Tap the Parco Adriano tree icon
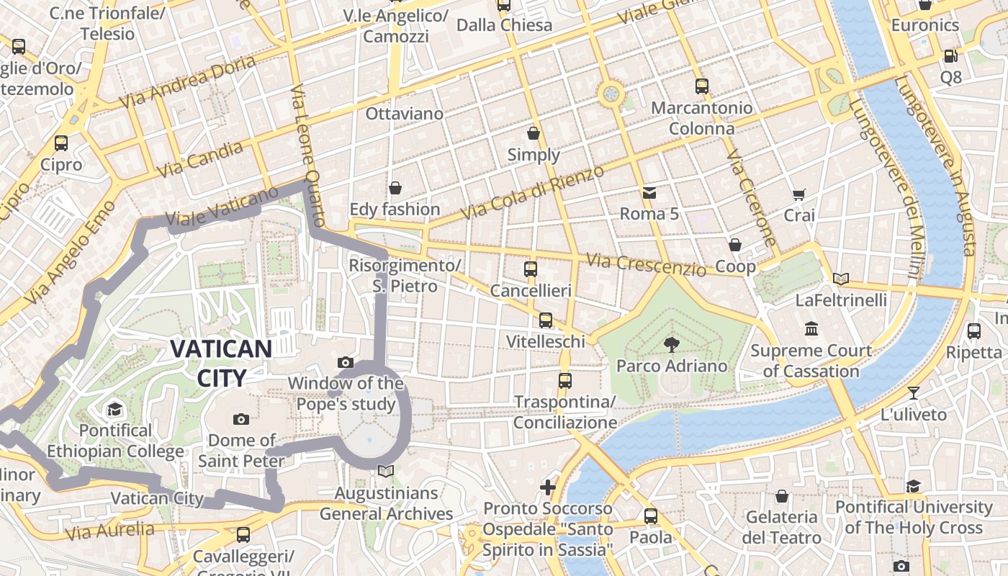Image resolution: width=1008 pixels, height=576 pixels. pos(672,344)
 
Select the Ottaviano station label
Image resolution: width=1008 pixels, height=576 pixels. pos(404,114)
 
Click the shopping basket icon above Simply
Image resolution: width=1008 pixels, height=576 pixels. pos(534,133)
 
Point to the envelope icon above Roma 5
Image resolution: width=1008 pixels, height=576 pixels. pos(649,193)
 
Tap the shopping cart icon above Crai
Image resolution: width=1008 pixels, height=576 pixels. pos(798,194)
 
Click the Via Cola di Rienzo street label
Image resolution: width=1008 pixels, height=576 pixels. pos(532,193)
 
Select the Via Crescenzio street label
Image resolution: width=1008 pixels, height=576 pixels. pos(646,264)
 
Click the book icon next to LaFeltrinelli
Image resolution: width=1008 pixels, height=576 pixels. pos(840,279)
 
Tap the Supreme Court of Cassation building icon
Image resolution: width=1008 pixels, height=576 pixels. pos(811,329)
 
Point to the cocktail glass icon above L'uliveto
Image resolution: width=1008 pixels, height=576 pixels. pos(914,393)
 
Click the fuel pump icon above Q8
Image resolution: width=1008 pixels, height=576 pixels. pos(950,56)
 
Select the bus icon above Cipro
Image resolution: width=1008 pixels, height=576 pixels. pos(61,143)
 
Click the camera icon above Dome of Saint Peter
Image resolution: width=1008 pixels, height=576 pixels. pos(241,419)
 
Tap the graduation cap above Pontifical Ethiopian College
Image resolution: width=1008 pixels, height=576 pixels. pos(115,410)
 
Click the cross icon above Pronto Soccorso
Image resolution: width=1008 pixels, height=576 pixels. pos(548,487)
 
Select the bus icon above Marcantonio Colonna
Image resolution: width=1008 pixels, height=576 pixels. pos(702,86)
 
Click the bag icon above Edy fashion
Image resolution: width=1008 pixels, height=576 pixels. pos(395,189)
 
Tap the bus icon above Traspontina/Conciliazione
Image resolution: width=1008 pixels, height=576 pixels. pos(565,380)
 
